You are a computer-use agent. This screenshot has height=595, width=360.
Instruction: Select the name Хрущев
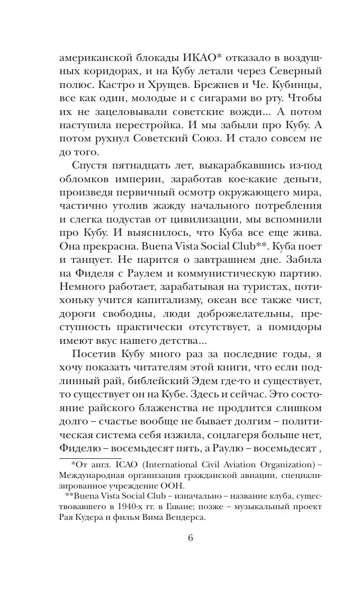click(x=150, y=85)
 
